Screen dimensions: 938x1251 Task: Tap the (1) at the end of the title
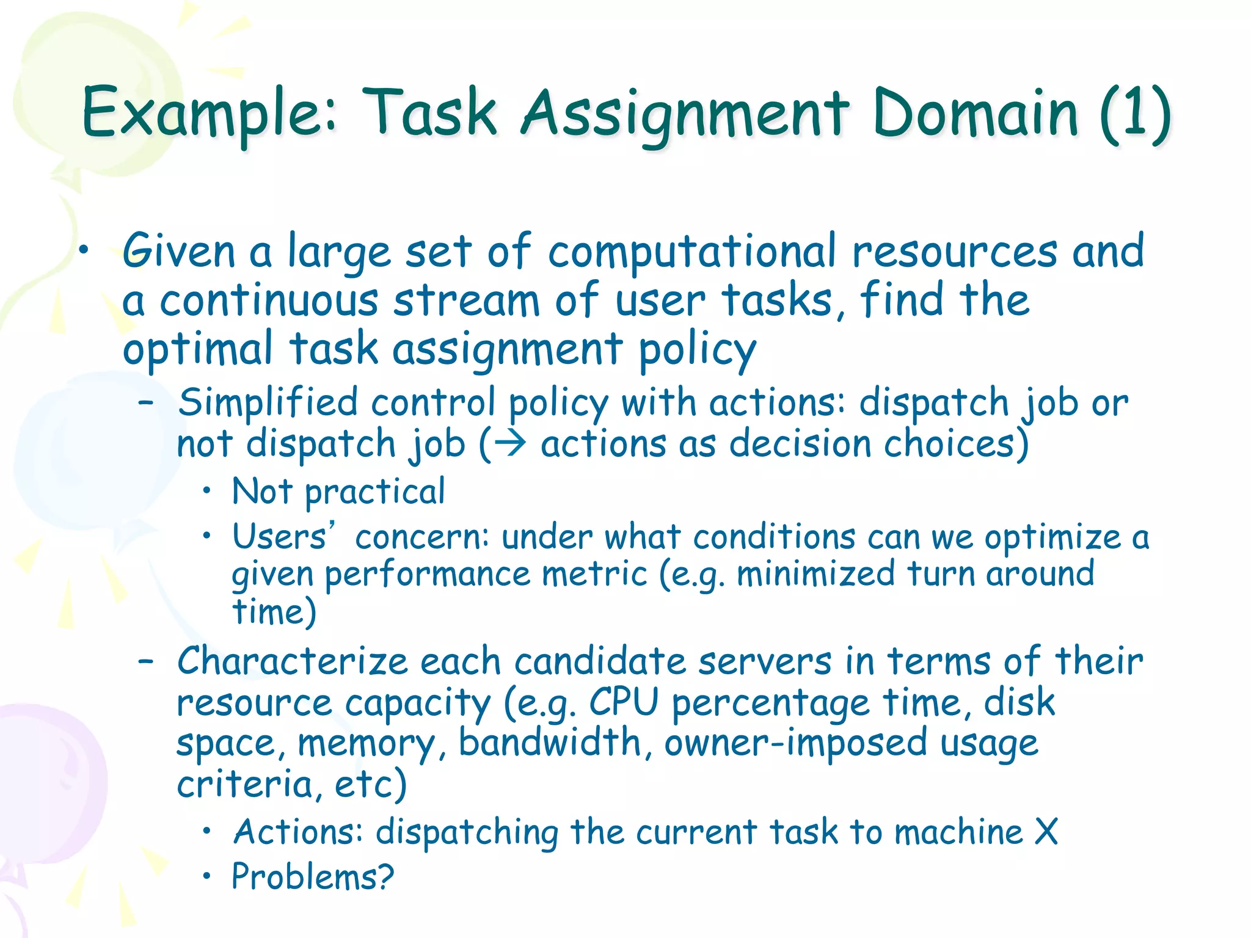click(x=1134, y=113)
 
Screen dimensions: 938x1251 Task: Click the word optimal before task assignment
click(x=197, y=349)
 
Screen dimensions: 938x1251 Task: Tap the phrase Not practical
click(x=338, y=491)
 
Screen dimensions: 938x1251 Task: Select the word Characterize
click(x=292, y=661)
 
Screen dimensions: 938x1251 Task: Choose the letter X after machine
click(x=1046, y=832)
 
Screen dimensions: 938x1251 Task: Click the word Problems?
click(x=313, y=877)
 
